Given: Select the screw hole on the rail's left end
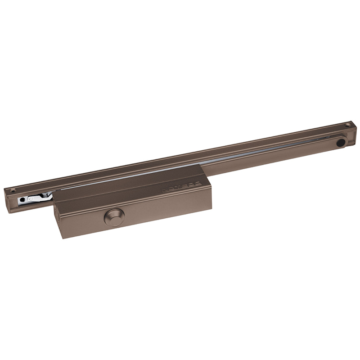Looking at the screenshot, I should (13, 190).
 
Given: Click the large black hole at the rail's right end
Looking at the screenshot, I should (341, 142).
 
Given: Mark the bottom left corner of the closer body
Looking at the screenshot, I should (63, 238).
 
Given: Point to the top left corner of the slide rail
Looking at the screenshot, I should (5, 188).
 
